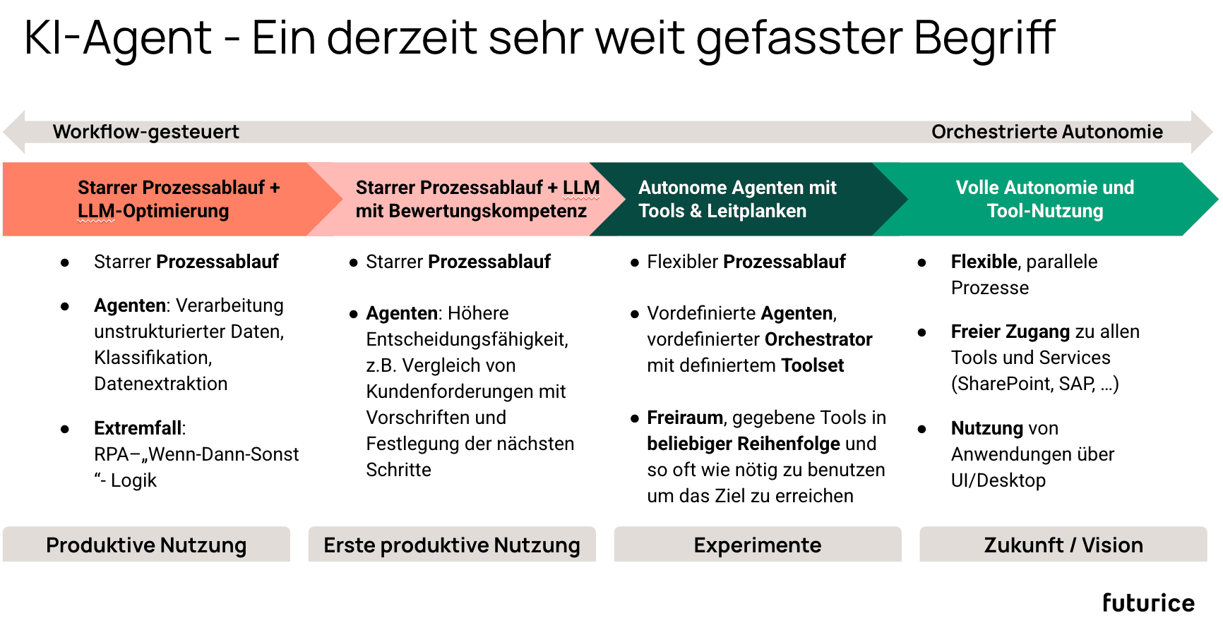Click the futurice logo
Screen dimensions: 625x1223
[1148, 603]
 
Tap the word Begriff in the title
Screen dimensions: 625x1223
[984, 38]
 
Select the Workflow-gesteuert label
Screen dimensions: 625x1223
[145, 132]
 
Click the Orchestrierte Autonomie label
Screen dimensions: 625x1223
[1046, 132]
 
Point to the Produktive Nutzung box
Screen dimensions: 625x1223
[146, 545]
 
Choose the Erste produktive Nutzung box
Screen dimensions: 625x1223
[452, 545]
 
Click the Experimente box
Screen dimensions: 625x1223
[758, 545]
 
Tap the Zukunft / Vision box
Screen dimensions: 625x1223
[1063, 545]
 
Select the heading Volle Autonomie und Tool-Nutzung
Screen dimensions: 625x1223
[1044, 199]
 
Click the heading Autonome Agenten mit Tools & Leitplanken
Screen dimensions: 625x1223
[736, 199]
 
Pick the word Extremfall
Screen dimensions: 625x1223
[138, 428]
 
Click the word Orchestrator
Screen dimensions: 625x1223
[818, 339]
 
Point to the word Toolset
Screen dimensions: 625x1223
[812, 365]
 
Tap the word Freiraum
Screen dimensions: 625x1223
[684, 418]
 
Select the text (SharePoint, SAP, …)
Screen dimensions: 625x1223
[1034, 384]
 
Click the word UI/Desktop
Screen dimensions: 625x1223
[998, 480]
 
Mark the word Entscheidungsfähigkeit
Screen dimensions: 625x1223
[466, 339]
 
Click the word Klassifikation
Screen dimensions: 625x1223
[153, 358]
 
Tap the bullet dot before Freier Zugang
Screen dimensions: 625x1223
[921, 332]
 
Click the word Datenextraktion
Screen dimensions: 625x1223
[160, 384]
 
